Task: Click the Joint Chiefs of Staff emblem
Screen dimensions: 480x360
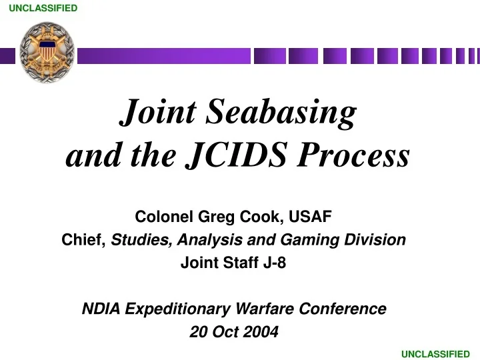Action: pos(47,53)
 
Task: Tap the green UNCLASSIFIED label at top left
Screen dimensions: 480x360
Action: pos(43,8)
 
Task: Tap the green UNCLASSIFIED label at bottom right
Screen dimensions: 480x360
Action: pos(435,354)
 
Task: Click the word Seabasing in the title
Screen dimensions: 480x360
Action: pos(281,112)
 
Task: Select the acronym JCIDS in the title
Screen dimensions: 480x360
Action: pos(237,155)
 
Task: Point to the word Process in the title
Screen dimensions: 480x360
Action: pos(353,155)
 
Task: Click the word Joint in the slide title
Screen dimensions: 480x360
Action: pos(158,112)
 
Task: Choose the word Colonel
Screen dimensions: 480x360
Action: pos(164,217)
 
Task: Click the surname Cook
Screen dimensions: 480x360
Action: pos(260,217)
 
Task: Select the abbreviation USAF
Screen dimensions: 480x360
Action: pos(310,217)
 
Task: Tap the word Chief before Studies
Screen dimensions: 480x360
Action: pos(84,240)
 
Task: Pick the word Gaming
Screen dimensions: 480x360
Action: pos(310,240)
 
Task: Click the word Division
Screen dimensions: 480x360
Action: pos(375,240)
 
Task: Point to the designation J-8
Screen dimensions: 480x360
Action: pos(275,263)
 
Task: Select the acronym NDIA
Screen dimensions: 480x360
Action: pos(101,309)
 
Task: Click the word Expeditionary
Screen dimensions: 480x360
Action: pos(178,309)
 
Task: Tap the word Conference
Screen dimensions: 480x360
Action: pos(343,309)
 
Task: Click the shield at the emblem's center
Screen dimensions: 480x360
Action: pos(47,51)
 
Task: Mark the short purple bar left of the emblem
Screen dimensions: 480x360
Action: pos(7,56)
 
